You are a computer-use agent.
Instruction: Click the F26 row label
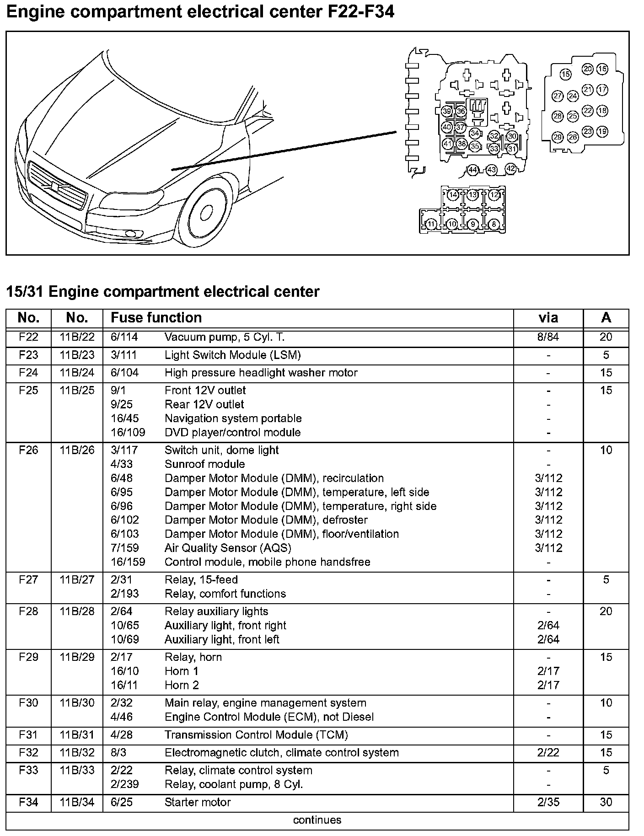[x=28, y=450]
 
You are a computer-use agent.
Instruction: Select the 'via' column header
[x=548, y=318]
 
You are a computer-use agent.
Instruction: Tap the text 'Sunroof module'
[x=204, y=464]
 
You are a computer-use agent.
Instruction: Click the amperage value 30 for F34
[x=606, y=802]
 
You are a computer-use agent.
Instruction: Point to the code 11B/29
[x=77, y=657]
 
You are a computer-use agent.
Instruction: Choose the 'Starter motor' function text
[x=198, y=802]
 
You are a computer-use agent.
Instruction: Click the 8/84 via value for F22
[x=548, y=337]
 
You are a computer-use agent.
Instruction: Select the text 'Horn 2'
[x=182, y=685]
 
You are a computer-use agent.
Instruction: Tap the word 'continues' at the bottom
[x=317, y=820]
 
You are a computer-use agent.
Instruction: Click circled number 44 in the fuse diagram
[x=472, y=170]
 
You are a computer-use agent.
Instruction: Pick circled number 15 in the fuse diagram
[x=566, y=75]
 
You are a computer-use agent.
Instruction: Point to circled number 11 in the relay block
[x=431, y=224]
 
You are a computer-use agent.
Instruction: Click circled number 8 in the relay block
[x=494, y=224]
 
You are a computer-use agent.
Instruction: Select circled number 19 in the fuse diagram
[x=602, y=132]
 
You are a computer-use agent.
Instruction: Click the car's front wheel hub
[x=206, y=212]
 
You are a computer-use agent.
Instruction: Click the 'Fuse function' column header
[x=156, y=318]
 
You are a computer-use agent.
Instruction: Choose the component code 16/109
[x=128, y=433]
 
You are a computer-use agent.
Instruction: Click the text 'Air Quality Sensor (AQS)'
[x=227, y=548]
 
